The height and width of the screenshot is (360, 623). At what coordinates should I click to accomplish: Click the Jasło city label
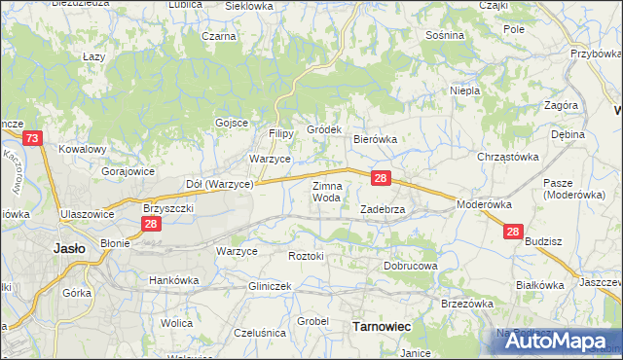click(x=67, y=248)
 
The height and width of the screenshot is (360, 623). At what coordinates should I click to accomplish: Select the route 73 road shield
click(x=33, y=140)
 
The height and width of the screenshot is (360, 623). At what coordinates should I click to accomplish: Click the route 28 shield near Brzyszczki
click(x=151, y=225)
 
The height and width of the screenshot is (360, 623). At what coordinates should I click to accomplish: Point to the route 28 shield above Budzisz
click(x=514, y=232)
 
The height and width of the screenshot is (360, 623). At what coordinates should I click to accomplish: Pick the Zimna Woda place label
click(x=326, y=192)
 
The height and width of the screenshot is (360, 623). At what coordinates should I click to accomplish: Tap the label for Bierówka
click(x=375, y=139)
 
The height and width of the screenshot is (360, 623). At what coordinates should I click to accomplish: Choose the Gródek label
click(x=323, y=129)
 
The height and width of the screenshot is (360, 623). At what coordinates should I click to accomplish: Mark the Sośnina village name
click(x=445, y=35)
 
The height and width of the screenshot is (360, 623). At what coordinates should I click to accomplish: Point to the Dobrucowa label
click(x=411, y=265)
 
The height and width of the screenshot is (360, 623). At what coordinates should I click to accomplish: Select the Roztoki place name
click(x=306, y=255)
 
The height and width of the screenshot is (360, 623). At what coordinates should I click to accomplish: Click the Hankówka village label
click(x=173, y=280)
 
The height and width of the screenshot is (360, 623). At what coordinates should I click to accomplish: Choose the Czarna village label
click(x=219, y=36)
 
